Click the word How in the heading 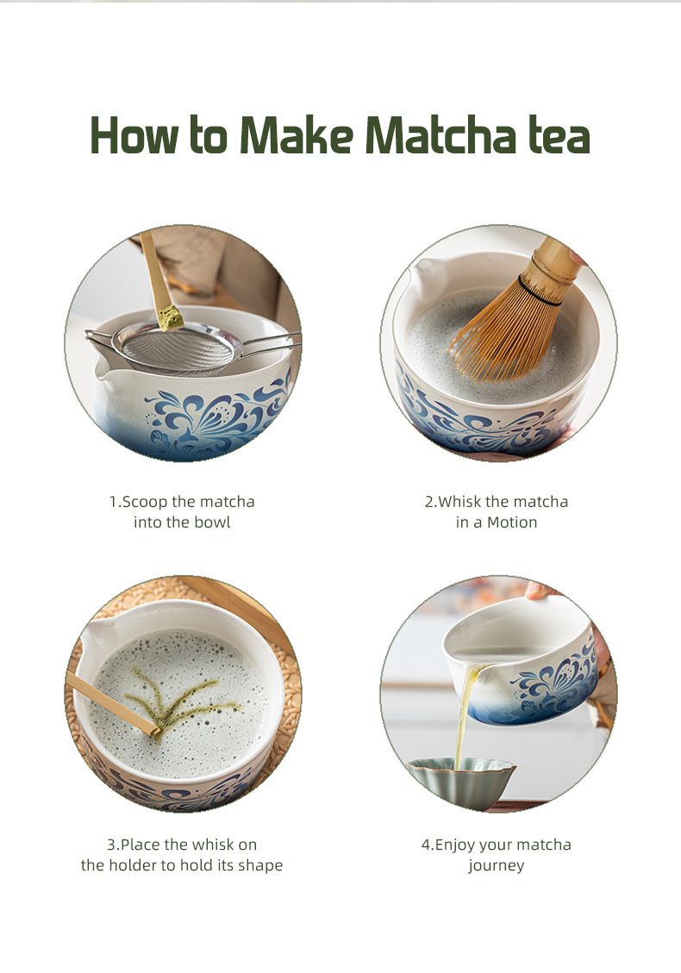point(132,136)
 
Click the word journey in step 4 point(497,865)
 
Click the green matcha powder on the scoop point(171,316)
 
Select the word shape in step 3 point(262,865)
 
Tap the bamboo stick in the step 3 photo point(112,704)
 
